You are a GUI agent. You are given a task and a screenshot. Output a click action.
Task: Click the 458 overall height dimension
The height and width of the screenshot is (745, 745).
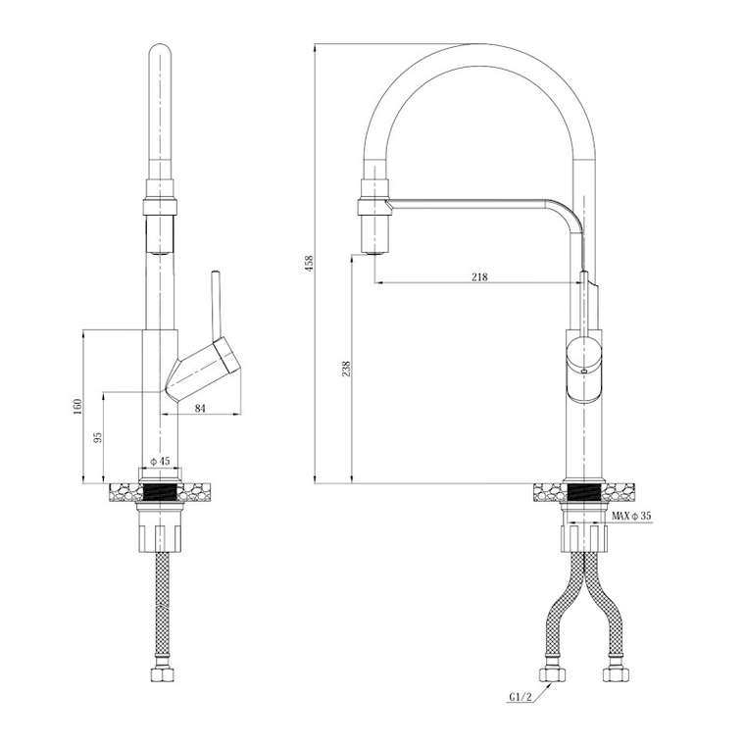[310, 264]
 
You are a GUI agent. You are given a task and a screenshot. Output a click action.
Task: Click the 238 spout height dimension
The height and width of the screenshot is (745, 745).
[346, 369]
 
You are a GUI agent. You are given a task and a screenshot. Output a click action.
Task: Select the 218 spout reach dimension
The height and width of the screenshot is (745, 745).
[479, 276]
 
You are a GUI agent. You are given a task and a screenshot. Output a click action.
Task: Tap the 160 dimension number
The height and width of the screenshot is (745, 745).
[77, 406]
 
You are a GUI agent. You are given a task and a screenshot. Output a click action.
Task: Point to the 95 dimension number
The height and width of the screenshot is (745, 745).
[98, 437]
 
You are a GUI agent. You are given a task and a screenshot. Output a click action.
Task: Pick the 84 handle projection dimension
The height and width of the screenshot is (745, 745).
[200, 408]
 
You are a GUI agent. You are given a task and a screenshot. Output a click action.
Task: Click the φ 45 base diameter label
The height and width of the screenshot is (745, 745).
[160, 461]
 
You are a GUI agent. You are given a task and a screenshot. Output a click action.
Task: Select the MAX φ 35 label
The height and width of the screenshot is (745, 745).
[631, 516]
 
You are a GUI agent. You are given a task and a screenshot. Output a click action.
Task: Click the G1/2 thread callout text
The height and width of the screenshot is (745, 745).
[521, 697]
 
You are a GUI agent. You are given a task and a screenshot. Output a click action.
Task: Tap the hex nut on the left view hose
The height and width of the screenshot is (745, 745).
[162, 674]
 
